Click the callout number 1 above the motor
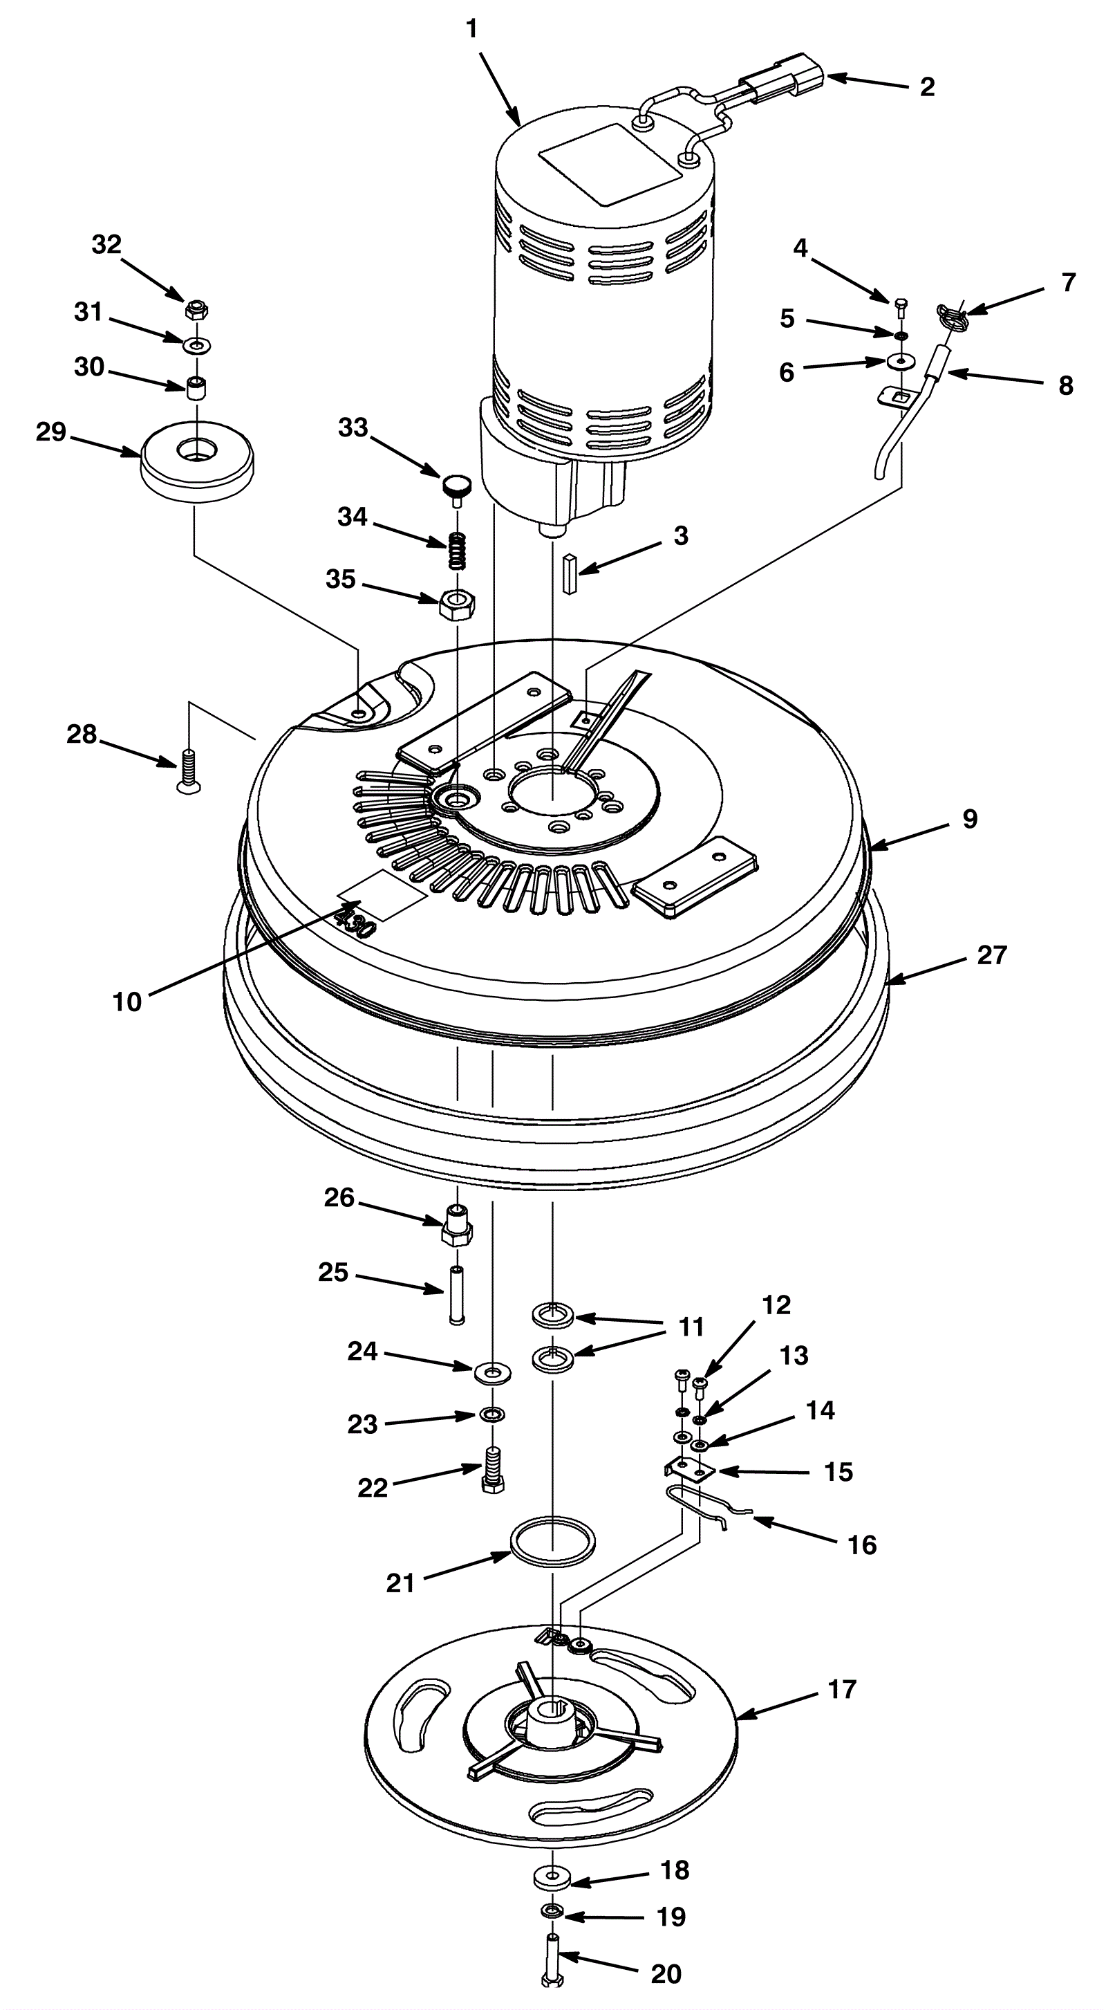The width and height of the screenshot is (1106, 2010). click(x=471, y=30)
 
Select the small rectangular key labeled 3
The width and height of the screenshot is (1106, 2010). click(x=571, y=574)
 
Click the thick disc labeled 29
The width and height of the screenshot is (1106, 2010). click(x=198, y=463)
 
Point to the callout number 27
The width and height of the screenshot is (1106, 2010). click(x=991, y=955)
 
